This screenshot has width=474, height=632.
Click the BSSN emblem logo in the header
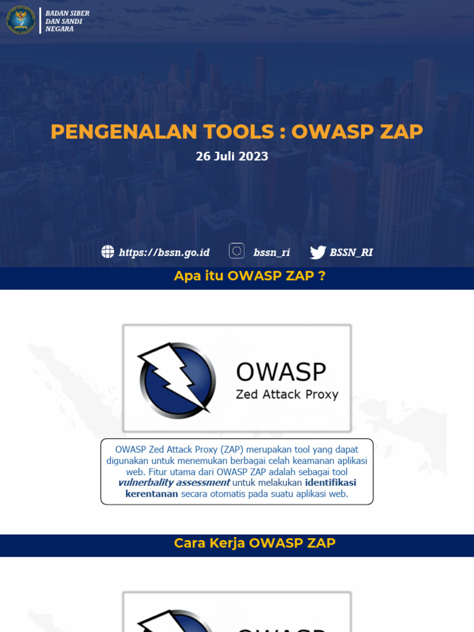coord(21,20)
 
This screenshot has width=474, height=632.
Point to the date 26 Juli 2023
coord(232,157)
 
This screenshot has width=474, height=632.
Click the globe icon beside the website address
coord(108,252)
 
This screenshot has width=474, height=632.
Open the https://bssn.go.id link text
coord(164,252)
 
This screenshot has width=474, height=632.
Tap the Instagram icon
coord(236,251)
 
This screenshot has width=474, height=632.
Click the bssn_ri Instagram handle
coord(272,252)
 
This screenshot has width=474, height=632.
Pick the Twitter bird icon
coord(318,252)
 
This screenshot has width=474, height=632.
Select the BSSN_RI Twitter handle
coord(351,252)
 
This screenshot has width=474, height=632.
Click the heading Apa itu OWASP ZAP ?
coord(249,276)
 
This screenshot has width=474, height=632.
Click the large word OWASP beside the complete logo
coord(281,372)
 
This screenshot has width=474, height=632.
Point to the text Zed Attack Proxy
coord(287,394)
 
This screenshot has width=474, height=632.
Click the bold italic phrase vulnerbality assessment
coord(174,483)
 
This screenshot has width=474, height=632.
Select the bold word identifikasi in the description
coord(330,483)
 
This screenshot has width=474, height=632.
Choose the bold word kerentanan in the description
coord(152,494)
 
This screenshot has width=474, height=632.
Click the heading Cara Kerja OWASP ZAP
coord(254,543)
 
